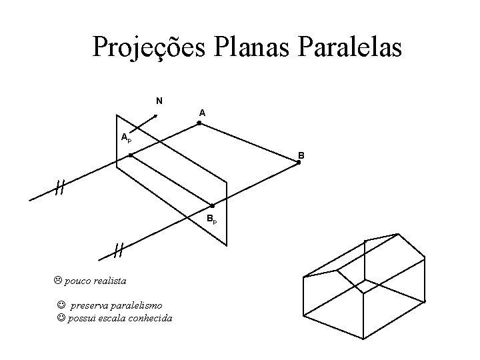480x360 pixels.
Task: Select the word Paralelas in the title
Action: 353,47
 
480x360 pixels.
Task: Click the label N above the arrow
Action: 159,101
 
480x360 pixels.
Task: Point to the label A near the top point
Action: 201,113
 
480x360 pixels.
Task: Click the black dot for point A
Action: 199,123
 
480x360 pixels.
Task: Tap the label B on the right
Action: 301,155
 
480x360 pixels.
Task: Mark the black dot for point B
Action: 299,162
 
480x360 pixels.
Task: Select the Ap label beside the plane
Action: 126,137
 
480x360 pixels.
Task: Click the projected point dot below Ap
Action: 131,155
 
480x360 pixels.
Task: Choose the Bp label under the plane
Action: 211,219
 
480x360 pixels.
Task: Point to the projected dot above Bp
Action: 212,206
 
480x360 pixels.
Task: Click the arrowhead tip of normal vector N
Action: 156,115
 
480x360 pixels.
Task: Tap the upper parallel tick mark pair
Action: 59,188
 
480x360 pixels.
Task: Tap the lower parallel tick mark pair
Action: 118,250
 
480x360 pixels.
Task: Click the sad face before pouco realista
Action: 58,281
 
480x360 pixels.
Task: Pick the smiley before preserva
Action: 61,305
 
